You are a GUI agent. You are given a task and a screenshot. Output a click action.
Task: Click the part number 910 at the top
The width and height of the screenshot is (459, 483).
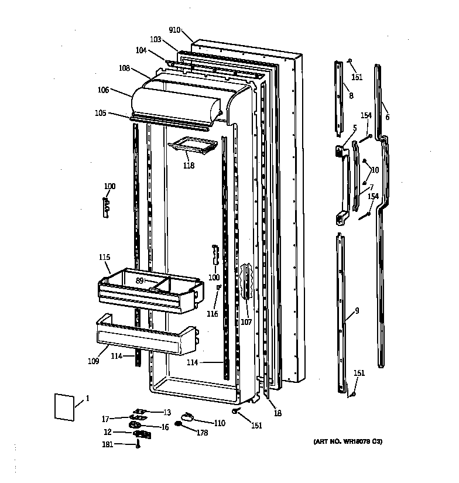click(x=174, y=30)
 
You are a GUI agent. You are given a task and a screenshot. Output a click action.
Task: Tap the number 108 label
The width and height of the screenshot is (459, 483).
click(x=124, y=68)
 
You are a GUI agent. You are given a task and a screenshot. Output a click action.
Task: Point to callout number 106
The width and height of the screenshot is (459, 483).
click(x=104, y=90)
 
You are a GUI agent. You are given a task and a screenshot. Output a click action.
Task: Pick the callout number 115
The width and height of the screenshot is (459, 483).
click(x=104, y=257)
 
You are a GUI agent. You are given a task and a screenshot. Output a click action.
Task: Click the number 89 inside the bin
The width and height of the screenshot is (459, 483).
click(x=140, y=281)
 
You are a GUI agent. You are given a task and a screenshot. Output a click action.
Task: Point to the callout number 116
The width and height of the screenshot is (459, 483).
click(x=212, y=314)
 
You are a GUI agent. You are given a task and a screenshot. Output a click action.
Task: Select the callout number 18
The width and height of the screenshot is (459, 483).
click(x=278, y=413)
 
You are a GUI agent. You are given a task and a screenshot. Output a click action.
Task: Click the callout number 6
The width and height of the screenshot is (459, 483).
click(x=387, y=117)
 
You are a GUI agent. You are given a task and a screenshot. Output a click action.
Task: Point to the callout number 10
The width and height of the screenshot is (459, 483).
click(x=375, y=170)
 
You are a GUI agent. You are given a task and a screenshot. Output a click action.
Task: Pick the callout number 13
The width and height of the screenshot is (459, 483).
click(x=166, y=412)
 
